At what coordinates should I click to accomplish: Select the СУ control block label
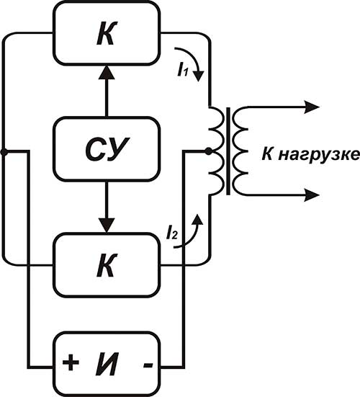pyautogui.click(x=107, y=149)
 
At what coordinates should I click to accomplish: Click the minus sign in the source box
pyautogui.click(x=148, y=365)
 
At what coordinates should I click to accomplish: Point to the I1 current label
pyautogui.click(x=183, y=70)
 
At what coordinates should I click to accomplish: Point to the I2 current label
pyautogui.click(x=172, y=233)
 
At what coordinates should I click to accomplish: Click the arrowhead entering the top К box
pyautogui.click(x=107, y=72)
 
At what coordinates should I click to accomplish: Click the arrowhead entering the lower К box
pyautogui.click(x=107, y=225)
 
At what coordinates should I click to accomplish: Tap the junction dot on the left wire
pyautogui.click(x=4, y=152)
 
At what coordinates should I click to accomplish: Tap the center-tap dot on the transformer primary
pyautogui.click(x=208, y=151)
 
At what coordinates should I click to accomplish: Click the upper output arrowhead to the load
pyautogui.click(x=312, y=107)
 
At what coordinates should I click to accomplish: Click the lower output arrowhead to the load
pyautogui.click(x=312, y=195)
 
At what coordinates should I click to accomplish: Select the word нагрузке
pyautogui.click(x=319, y=155)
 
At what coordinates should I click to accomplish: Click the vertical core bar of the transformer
pyautogui.click(x=228, y=151)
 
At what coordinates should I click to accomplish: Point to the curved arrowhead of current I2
pyautogui.click(x=197, y=219)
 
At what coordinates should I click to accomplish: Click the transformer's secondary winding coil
pyautogui.click(x=240, y=151)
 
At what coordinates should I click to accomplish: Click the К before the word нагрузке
pyautogui.click(x=267, y=153)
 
